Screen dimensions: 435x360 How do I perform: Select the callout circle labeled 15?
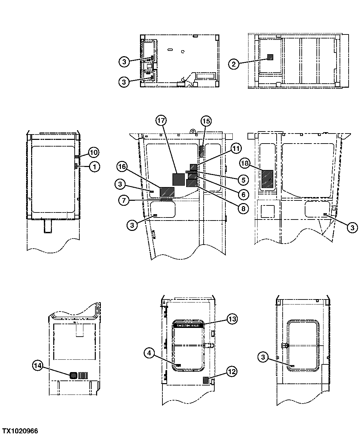pyautogui.click(x=206, y=121)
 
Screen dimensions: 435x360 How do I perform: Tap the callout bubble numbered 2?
pyautogui.click(x=234, y=64)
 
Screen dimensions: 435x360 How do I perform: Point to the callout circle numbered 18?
pyautogui.click(x=245, y=163)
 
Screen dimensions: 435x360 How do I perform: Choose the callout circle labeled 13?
pyautogui.click(x=232, y=319)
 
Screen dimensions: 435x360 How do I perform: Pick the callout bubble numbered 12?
pyautogui.click(x=232, y=371)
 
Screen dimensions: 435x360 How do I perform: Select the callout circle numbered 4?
pyautogui.click(x=150, y=353)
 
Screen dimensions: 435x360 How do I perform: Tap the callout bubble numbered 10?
pyautogui.click(x=94, y=153)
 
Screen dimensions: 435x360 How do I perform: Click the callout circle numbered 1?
pyautogui.click(x=94, y=167)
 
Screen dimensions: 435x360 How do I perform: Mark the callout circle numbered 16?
pyautogui.click(x=122, y=166)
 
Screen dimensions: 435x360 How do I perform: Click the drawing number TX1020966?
pyautogui.click(x=20, y=431)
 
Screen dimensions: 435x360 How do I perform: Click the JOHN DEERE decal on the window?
pyautogui.click(x=188, y=325)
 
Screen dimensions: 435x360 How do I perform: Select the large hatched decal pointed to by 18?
pyautogui.click(x=267, y=179)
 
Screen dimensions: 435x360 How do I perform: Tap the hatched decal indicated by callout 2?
pyautogui.click(x=270, y=57)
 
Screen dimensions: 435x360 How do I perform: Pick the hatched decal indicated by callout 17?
pyautogui.click(x=179, y=179)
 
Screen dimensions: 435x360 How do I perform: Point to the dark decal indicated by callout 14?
pyautogui.click(x=74, y=375)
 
